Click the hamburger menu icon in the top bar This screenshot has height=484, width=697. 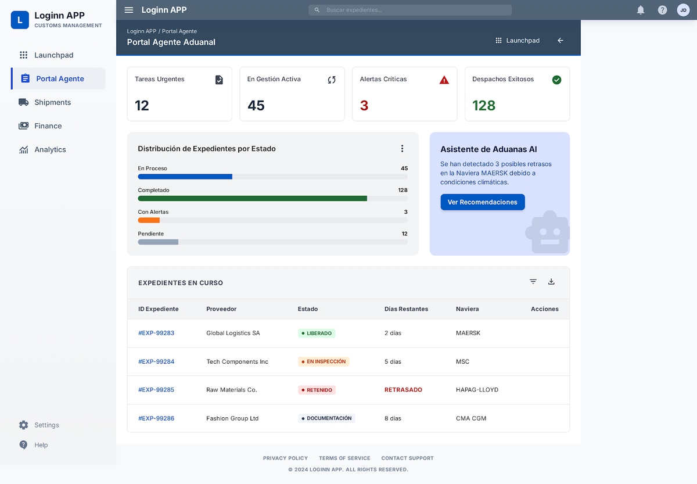pyautogui.click(x=129, y=10)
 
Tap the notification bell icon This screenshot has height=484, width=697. pyautogui.click(x=641, y=10)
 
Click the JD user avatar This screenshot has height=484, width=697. pyautogui.click(x=683, y=10)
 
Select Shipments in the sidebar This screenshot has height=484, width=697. pyautogui.click(x=52, y=102)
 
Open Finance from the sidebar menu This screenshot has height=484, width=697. pyautogui.click(x=48, y=126)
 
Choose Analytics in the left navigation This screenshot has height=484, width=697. pyautogui.click(x=50, y=149)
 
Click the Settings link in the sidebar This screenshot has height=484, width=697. pyautogui.click(x=46, y=425)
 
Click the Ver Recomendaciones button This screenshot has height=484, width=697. pyautogui.click(x=483, y=202)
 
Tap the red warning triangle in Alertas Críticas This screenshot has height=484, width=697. pyautogui.click(x=444, y=80)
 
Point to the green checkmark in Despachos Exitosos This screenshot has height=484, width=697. pyautogui.click(x=556, y=80)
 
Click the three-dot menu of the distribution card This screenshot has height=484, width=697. pyautogui.click(x=402, y=149)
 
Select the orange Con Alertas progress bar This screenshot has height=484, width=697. pyautogui.click(x=149, y=220)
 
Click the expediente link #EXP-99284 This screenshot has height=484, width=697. pyautogui.click(x=156, y=361)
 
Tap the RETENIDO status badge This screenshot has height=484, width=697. pyautogui.click(x=317, y=390)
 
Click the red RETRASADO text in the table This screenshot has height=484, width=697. pyautogui.click(x=403, y=390)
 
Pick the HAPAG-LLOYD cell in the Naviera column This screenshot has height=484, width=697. pyautogui.click(x=477, y=390)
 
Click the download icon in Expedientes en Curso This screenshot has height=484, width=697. pyautogui.click(x=551, y=282)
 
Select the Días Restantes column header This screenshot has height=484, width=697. pyautogui.click(x=406, y=309)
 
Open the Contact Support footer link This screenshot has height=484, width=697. pyautogui.click(x=407, y=458)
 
